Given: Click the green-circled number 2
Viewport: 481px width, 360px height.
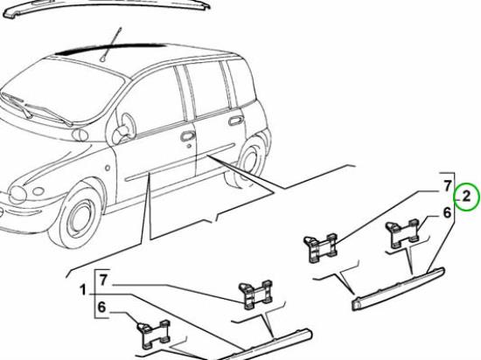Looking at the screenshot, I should click(467, 197).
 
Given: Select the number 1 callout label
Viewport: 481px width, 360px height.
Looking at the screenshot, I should click(82, 290).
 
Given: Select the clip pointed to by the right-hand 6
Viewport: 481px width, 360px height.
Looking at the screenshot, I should click(404, 231).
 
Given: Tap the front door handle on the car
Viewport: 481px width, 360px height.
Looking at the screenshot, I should click(187, 135).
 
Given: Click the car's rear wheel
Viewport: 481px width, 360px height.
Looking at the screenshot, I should click(251, 159).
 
